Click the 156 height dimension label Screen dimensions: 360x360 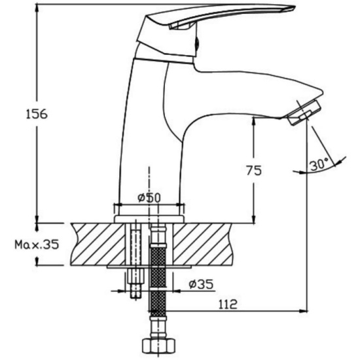click(37, 114)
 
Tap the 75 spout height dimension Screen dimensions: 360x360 click(254, 170)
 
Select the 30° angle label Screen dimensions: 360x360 click(319, 164)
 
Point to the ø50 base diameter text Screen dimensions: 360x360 click(149, 198)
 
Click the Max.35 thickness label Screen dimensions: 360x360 click(37, 245)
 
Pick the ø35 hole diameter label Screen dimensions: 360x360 click(201, 284)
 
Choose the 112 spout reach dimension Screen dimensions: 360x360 click(227, 304)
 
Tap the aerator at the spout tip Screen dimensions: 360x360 click(303, 113)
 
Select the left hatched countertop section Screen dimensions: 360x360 click(98, 244)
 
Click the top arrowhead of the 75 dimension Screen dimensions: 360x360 click(254, 121)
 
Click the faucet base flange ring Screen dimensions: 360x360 click(149, 219)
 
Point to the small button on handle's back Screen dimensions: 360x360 click(197, 43)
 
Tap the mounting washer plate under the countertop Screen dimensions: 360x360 click(149, 267)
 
